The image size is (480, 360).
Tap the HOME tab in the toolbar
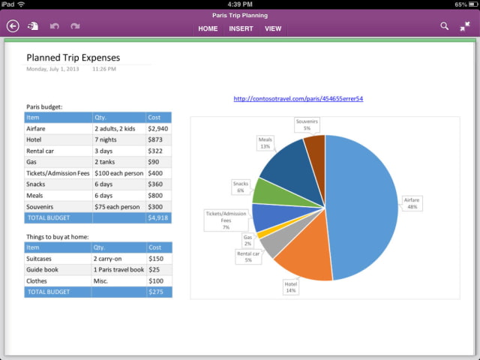[x=208, y=28]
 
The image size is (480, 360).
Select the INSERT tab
[x=241, y=28]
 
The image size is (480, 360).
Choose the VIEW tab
[x=273, y=28]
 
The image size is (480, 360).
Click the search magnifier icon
[x=444, y=26]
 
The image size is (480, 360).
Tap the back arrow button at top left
[x=13, y=26]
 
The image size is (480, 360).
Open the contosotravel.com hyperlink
[x=298, y=98]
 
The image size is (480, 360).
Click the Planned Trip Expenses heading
[x=73, y=57]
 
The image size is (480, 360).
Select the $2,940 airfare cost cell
[x=157, y=128]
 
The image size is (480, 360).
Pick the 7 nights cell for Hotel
[x=118, y=139]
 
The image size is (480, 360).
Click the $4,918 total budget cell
[x=157, y=217]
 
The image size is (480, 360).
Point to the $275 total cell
[x=157, y=292]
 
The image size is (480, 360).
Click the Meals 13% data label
[x=265, y=142]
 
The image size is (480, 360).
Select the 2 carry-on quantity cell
[x=118, y=258]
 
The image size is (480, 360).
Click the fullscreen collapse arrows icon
[x=465, y=26]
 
